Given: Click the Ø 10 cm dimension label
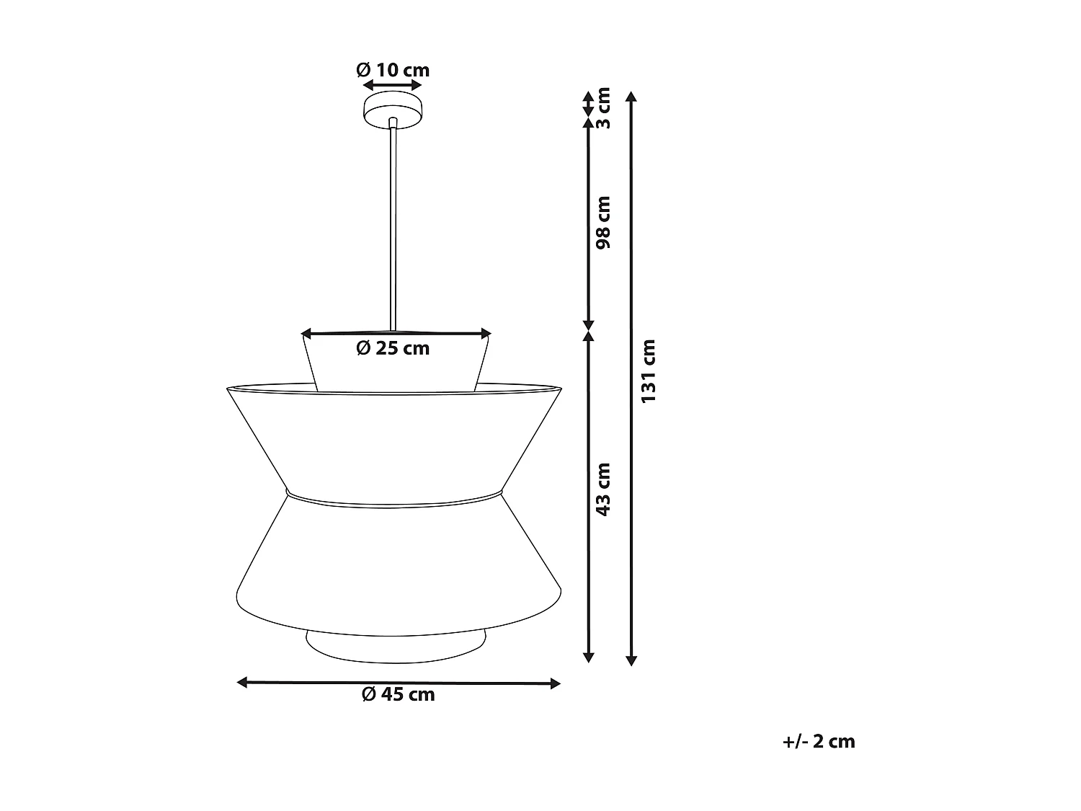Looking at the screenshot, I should [x=393, y=70].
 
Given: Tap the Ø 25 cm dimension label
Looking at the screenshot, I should [x=393, y=348].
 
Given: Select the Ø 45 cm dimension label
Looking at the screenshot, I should [x=399, y=694].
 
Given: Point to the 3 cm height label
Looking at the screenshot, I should [x=604, y=107].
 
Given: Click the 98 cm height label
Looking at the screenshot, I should [x=604, y=222].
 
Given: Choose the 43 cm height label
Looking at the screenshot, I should [x=604, y=489].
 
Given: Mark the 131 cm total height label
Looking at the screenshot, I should [x=649, y=371].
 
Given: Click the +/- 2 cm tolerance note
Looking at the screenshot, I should [x=819, y=741].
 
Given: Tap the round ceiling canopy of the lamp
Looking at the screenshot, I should [x=393, y=110].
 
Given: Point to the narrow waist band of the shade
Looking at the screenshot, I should [x=393, y=498].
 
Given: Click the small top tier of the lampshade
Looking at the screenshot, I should [x=396, y=368].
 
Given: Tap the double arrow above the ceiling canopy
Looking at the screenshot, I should [x=393, y=85].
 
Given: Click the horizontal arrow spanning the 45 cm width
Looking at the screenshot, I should [x=399, y=683].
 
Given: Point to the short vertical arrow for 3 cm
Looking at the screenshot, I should [x=589, y=103].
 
